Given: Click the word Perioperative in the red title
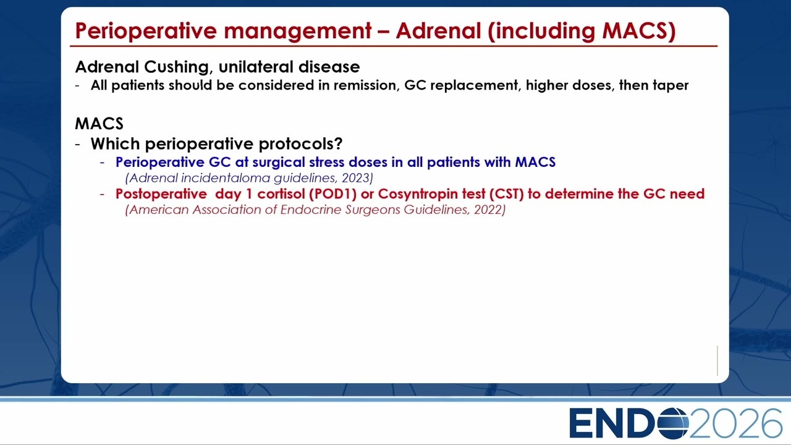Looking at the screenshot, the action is coord(145,31).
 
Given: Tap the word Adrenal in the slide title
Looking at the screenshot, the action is coord(438,30).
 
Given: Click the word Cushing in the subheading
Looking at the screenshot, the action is coord(177,67).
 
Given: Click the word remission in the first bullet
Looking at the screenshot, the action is coord(366,85).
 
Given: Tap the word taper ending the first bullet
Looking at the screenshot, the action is coord(670,86).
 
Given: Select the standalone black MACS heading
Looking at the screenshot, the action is coord(99,124).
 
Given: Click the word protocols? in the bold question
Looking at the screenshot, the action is coord(300,144).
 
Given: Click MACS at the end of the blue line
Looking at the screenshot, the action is coord(535,162).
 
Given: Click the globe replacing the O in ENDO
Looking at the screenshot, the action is coord(673,423).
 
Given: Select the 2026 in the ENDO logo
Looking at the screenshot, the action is coord(735,423).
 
